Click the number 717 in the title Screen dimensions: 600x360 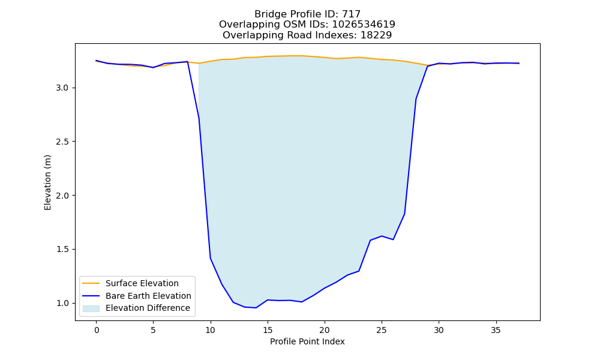pyautogui.click(x=351, y=14)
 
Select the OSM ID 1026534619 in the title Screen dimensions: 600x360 pyautogui.click(x=364, y=25)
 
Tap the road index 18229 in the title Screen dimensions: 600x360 pyautogui.click(x=376, y=35)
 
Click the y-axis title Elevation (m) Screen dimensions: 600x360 pyautogui.click(x=47, y=182)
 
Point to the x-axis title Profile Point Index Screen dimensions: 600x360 pyautogui.click(x=307, y=341)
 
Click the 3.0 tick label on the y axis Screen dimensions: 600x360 pyautogui.click(x=62, y=88)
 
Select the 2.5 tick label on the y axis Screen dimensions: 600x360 pyautogui.click(x=62, y=142)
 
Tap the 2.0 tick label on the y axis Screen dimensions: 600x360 pyautogui.click(x=62, y=196)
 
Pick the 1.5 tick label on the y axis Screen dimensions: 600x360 pyautogui.click(x=62, y=250)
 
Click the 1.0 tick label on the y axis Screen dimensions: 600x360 pyautogui.click(x=62, y=304)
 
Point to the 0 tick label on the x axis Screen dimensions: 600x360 pyautogui.click(x=97, y=330)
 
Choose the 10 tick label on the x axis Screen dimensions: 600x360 pyautogui.click(x=211, y=330)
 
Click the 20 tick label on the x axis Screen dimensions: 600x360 pyautogui.click(x=325, y=330)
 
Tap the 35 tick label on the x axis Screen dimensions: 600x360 pyautogui.click(x=496, y=330)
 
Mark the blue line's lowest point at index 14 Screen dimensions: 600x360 pyautogui.click(x=256, y=308)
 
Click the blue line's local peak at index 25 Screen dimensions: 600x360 pyautogui.click(x=382, y=236)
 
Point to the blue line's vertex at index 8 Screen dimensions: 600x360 pyautogui.click(x=187, y=62)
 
